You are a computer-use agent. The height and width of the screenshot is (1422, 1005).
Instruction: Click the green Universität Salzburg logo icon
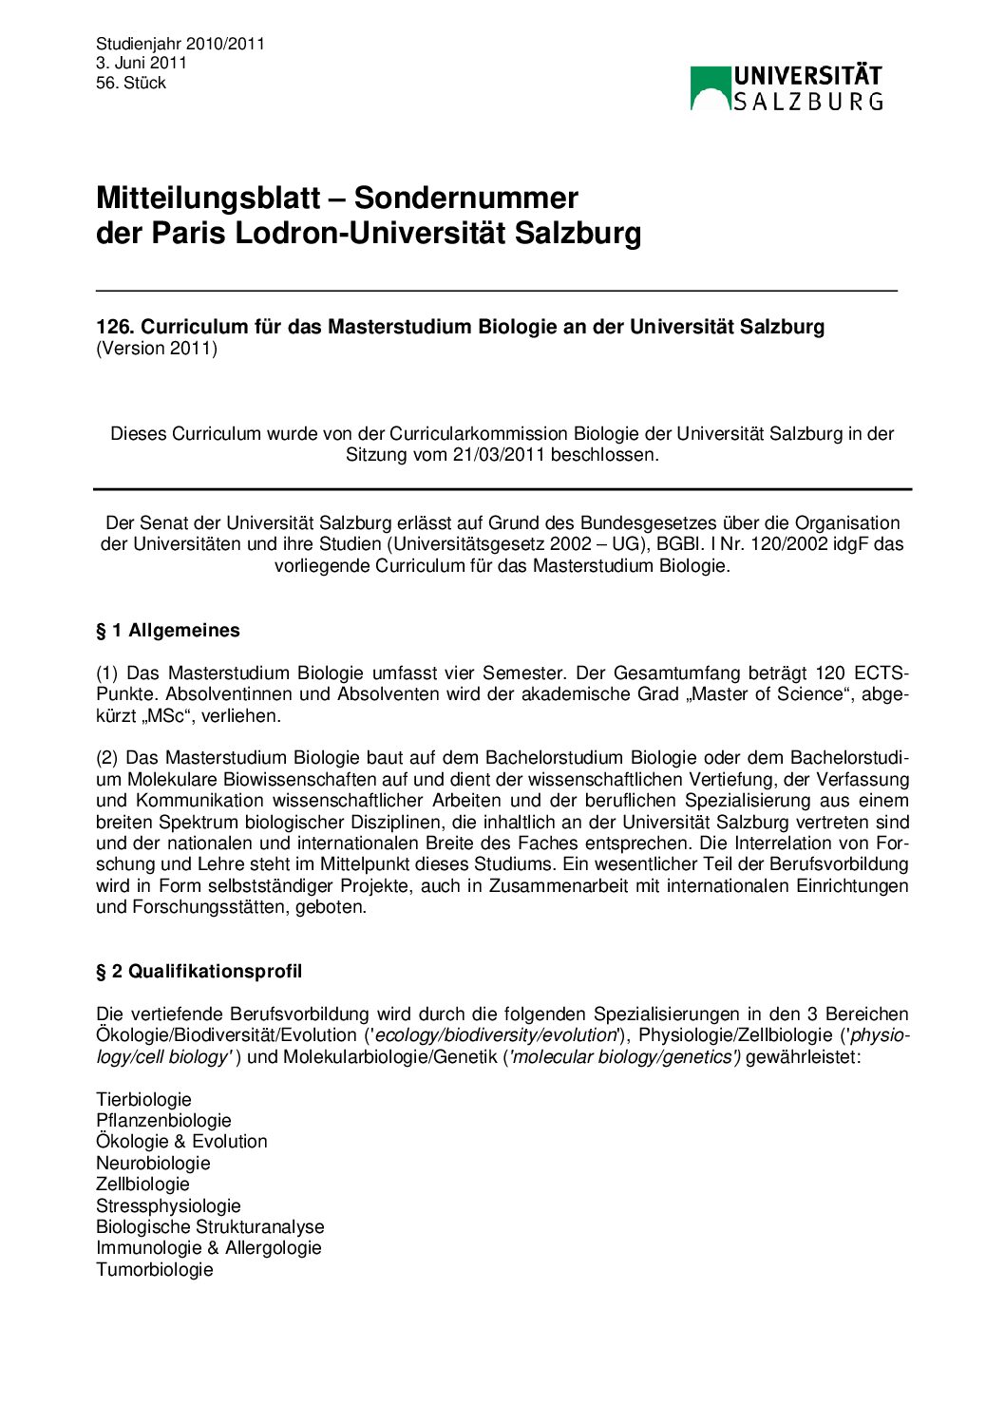710,87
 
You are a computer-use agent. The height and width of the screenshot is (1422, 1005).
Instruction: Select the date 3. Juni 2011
142,63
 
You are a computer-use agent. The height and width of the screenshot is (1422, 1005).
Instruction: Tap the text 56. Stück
131,83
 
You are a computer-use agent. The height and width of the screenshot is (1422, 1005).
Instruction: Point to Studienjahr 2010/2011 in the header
180,43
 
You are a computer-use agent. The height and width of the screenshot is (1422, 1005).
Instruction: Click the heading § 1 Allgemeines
168,631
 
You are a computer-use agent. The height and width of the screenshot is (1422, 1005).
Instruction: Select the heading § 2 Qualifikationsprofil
199,971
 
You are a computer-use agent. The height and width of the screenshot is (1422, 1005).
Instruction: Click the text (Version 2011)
157,349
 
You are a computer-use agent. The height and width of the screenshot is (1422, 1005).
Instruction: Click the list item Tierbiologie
143,1099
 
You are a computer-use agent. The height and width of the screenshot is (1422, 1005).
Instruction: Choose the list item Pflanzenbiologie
163,1121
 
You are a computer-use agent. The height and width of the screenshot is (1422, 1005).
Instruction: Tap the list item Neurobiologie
153,1163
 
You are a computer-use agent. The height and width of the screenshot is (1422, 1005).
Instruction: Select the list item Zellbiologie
142,1185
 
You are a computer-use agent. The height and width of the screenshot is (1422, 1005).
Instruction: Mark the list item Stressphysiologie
168,1205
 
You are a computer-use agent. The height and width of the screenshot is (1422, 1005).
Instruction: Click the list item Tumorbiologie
155,1270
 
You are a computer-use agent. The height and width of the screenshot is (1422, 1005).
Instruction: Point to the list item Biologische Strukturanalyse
210,1227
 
